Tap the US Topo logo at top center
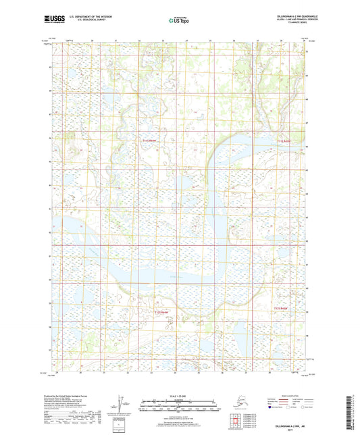[x=179, y=21]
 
